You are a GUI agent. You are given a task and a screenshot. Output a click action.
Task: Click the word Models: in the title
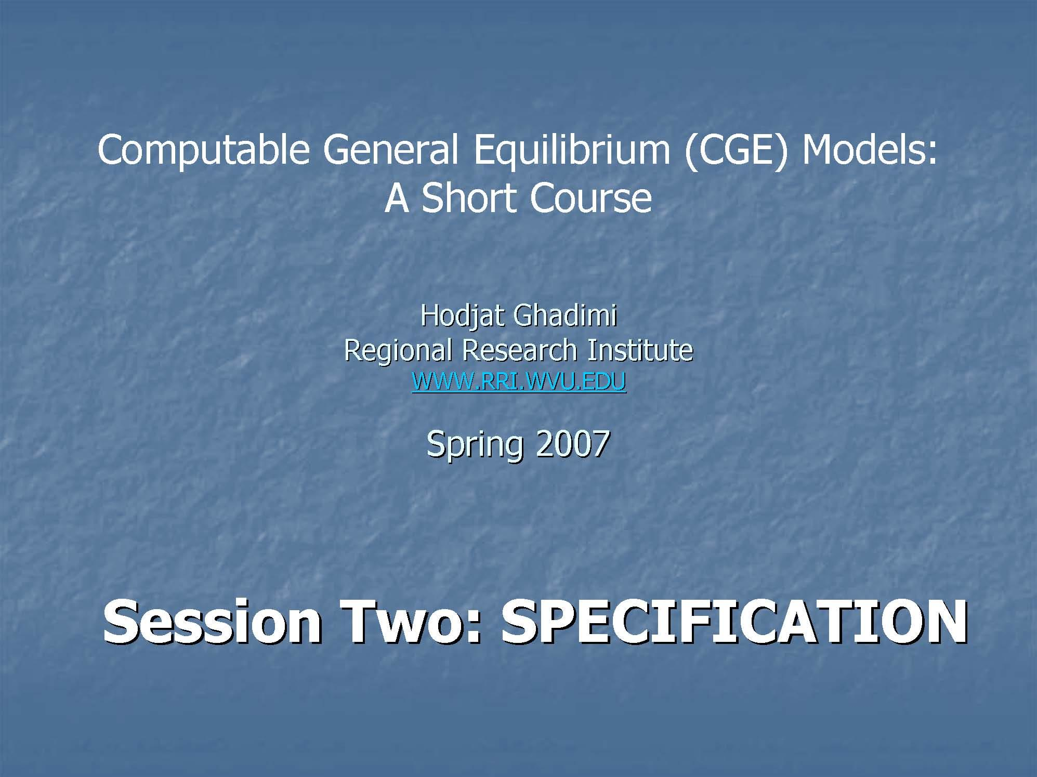[x=869, y=149]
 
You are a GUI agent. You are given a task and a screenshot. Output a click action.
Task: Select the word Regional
[x=398, y=351]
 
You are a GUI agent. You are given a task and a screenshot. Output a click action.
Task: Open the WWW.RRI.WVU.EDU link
[x=519, y=381]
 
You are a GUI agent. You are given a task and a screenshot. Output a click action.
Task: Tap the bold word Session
[x=212, y=621]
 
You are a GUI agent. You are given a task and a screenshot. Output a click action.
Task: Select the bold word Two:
[x=411, y=621]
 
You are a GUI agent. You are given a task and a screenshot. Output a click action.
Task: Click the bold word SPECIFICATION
[x=733, y=621]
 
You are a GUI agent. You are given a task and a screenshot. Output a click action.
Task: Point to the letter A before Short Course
[x=396, y=198]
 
